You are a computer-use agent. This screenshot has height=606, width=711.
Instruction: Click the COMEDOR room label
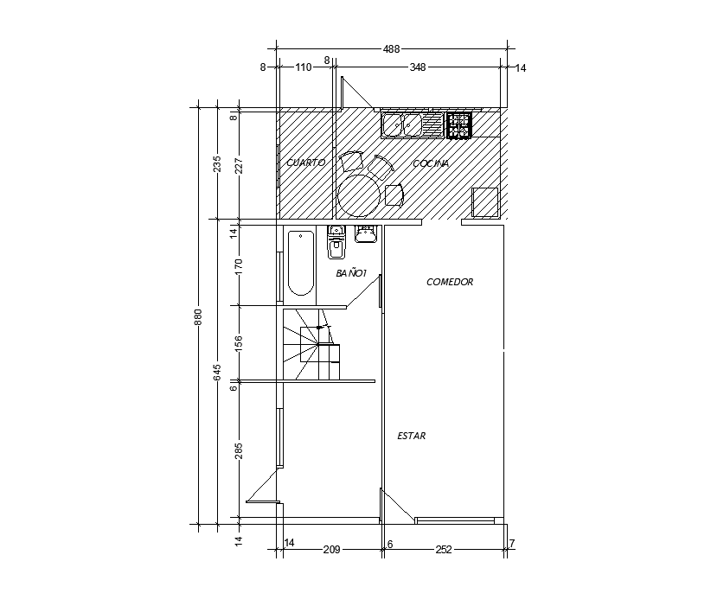pyautogui.click(x=450, y=282)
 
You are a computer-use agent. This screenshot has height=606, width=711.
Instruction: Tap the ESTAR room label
pyautogui.click(x=411, y=437)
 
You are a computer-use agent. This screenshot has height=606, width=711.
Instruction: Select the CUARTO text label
pyautogui.click(x=305, y=163)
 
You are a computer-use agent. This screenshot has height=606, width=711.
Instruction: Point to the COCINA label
pyautogui.click(x=431, y=163)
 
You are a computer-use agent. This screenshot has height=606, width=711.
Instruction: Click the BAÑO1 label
pyautogui.click(x=352, y=273)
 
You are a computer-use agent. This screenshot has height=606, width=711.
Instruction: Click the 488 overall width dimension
pyautogui.click(x=391, y=49)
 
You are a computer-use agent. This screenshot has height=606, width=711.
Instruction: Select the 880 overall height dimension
pyautogui.click(x=198, y=316)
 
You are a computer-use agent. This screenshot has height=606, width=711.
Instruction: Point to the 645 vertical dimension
pyautogui.click(x=218, y=372)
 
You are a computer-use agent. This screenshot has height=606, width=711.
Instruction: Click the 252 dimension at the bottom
pyautogui.click(x=443, y=549)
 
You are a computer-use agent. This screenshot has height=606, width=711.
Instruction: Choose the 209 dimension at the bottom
pyautogui.click(x=330, y=549)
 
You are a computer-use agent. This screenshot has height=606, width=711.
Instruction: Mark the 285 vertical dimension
pyautogui.click(x=239, y=450)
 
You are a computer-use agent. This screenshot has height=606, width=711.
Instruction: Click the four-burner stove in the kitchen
pyautogui.click(x=458, y=125)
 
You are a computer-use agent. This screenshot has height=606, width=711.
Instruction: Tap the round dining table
pyautogui.click(x=359, y=195)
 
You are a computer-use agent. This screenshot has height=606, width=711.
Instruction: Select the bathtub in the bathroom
pyautogui.click(x=300, y=263)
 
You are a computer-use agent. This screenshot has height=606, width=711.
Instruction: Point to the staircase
pyautogui.click(x=311, y=344)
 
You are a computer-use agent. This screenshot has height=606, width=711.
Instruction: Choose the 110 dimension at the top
pyautogui.click(x=303, y=67)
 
